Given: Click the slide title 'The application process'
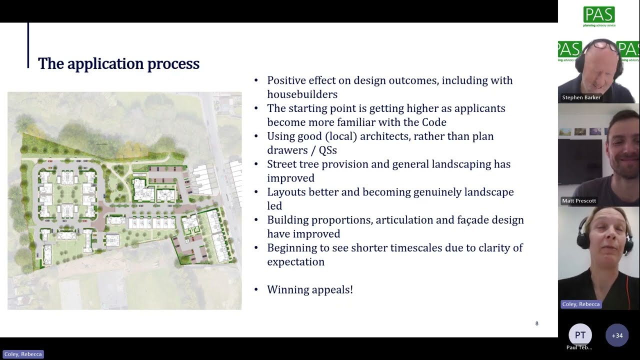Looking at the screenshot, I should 118,64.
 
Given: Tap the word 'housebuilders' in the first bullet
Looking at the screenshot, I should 302,94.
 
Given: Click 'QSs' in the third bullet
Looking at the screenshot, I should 328,150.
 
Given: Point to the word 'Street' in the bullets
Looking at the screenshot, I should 283,164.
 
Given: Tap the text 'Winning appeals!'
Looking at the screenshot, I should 309,289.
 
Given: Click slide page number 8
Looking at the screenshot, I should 537,323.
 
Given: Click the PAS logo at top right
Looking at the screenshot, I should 599,16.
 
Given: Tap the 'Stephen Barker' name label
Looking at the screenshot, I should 581,97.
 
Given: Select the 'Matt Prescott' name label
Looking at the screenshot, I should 578,201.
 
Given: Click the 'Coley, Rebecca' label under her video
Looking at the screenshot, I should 580,304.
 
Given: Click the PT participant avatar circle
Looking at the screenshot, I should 580,335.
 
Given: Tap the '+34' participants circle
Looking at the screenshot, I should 617,335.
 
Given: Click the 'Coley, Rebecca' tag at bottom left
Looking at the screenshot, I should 23,354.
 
